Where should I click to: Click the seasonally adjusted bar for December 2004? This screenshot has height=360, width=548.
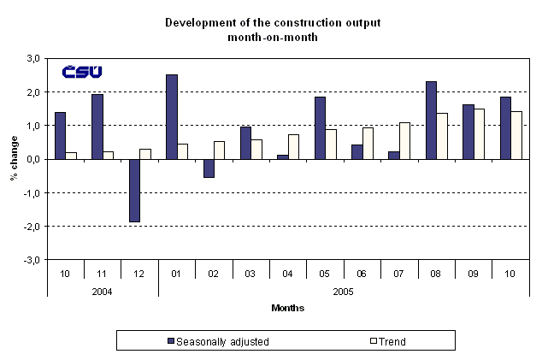click(x=134, y=190)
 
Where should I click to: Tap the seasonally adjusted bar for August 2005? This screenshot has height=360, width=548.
click(x=431, y=120)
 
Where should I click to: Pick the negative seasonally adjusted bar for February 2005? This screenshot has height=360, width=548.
click(x=209, y=168)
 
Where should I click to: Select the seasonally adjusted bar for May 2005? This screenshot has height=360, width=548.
click(x=320, y=127)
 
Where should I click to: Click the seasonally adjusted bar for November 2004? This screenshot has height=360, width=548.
click(x=97, y=127)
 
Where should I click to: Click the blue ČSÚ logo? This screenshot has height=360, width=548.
click(x=81, y=71)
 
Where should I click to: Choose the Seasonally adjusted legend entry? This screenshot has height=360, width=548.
click(x=218, y=341)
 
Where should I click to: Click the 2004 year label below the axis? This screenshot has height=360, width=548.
click(x=102, y=291)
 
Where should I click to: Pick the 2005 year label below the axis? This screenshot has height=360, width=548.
click(x=343, y=291)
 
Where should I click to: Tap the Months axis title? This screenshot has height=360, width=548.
click(x=287, y=308)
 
